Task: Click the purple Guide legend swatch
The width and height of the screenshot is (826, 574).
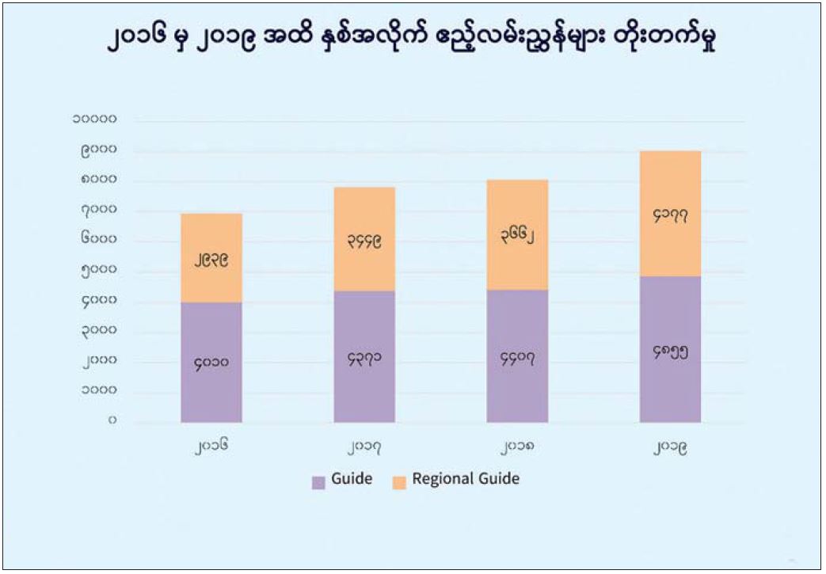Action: coord(319,481)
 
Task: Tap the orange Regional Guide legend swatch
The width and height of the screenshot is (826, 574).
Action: coord(399,481)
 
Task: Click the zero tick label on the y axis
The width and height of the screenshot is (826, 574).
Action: coord(112,420)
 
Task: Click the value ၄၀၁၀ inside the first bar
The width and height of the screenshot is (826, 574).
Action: coord(211,363)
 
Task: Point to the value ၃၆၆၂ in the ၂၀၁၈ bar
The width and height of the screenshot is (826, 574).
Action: coord(517,235)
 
